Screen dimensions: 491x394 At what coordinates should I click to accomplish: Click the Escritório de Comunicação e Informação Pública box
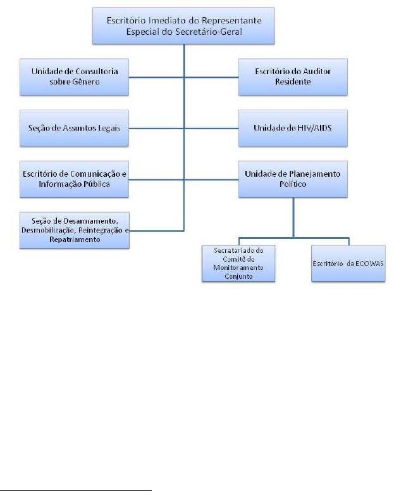(x=75, y=180)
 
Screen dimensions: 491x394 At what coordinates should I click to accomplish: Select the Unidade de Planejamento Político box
(x=293, y=180)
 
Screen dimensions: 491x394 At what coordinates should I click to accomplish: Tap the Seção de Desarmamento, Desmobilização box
(x=75, y=230)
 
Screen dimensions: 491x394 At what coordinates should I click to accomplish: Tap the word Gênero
(x=88, y=82)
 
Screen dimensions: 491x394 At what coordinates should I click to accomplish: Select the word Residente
(x=293, y=82)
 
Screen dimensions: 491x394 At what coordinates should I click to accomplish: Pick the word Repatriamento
(x=75, y=241)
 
